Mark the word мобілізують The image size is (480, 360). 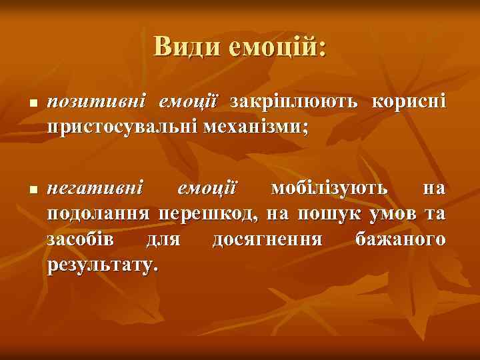[x=328, y=189]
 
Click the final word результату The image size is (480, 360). [x=103, y=265]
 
